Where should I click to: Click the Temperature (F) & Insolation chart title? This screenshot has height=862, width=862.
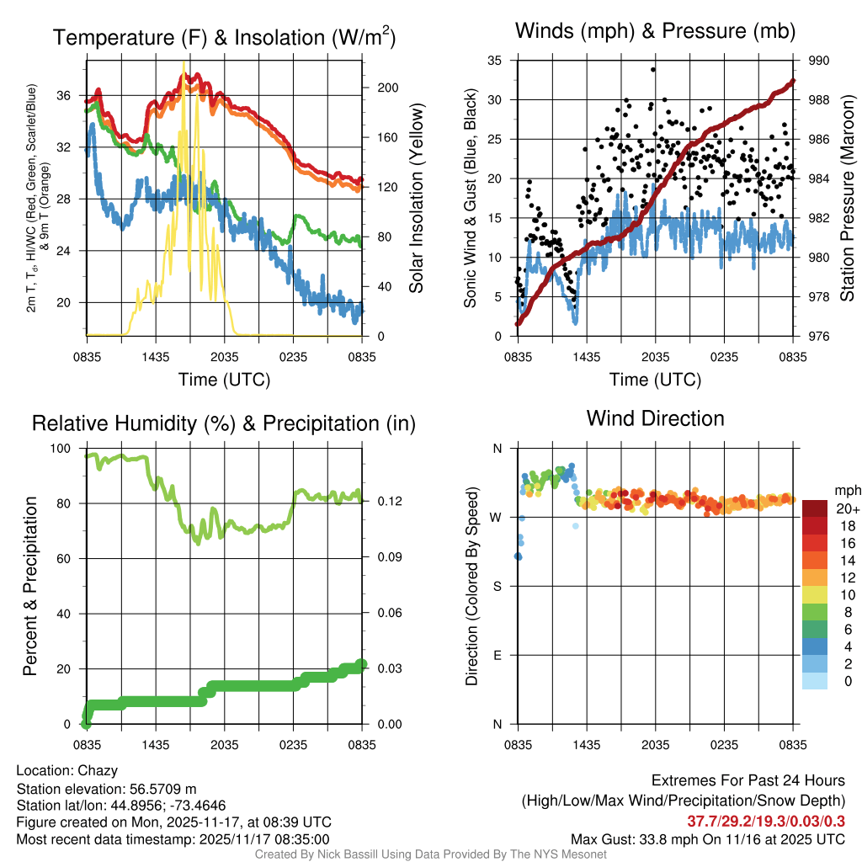coord(224,37)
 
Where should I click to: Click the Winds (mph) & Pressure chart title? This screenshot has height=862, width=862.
coord(655,31)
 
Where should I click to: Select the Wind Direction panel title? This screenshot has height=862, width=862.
coord(655,418)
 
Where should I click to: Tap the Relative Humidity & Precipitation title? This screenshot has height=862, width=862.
coord(224,423)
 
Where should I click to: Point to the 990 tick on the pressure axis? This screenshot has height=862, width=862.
coord(819,61)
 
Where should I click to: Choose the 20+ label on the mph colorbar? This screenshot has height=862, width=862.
coord(846,508)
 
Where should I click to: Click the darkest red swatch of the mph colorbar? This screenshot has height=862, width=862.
coord(816,508)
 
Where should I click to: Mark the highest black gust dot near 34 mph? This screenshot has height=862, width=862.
coord(653,70)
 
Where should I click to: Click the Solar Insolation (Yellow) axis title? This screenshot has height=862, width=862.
coord(416,199)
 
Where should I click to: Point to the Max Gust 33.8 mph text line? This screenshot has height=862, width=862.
coord(708,838)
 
